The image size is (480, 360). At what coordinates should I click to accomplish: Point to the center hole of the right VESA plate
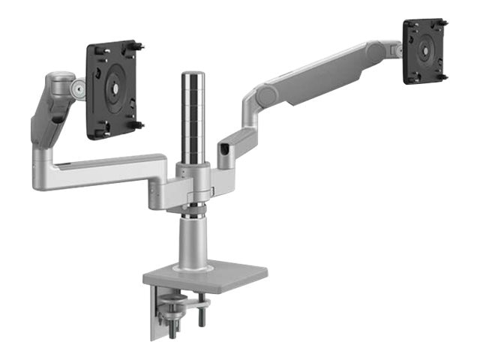click(x=424, y=50)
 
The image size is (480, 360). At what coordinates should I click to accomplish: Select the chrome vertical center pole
click(x=191, y=120)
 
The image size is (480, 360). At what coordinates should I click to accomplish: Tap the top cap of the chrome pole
click(x=191, y=76)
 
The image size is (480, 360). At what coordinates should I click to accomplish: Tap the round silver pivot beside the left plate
click(x=77, y=91)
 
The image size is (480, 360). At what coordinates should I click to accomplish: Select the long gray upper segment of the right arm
click(x=322, y=72)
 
